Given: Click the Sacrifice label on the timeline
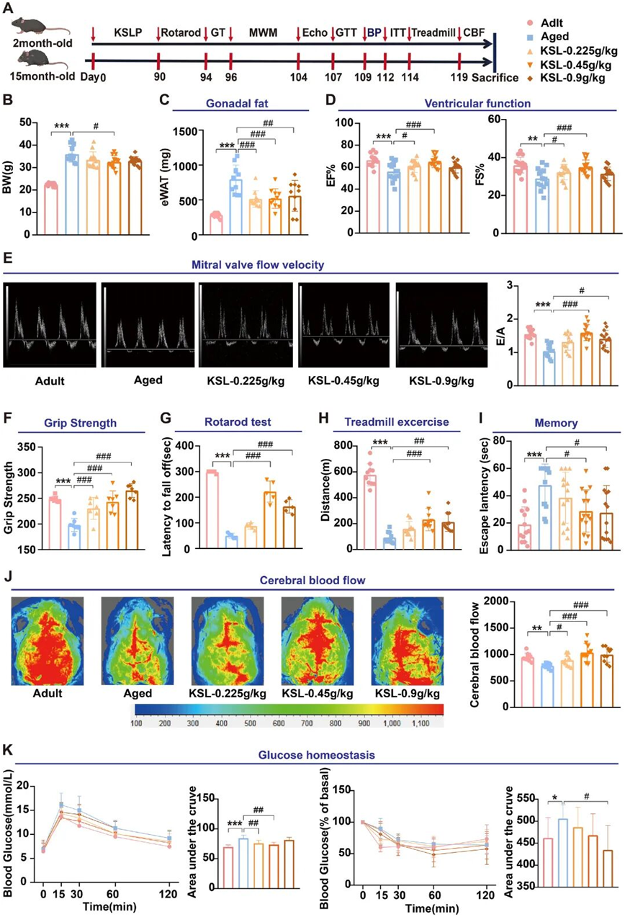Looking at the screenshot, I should pos(495,77).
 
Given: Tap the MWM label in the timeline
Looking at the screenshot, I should pos(264,33).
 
